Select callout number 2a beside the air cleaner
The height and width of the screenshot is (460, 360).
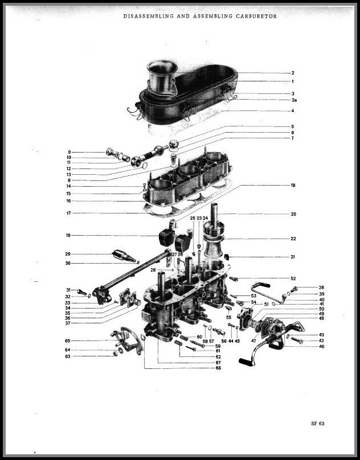pyautogui.click(x=293, y=100)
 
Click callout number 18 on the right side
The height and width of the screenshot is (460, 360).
pyautogui.click(x=293, y=186)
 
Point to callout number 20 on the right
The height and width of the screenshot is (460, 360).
pyautogui.click(x=293, y=215)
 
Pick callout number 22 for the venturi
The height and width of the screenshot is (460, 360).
pyautogui.click(x=293, y=239)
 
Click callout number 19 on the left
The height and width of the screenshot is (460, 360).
pyautogui.click(x=68, y=235)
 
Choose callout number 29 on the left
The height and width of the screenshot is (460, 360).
pyautogui.click(x=68, y=254)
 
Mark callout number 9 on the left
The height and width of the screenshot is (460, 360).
pyautogui.click(x=69, y=152)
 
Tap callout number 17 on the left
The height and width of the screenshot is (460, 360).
pyautogui.click(x=68, y=213)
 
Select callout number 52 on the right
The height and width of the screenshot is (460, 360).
pyautogui.click(x=293, y=278)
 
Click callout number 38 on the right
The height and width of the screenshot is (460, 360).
pyautogui.click(x=321, y=287)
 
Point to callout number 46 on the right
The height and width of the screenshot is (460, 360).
pyautogui.click(x=321, y=346)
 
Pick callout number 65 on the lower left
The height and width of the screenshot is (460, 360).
pyautogui.click(x=67, y=340)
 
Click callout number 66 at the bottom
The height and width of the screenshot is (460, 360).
pyautogui.click(x=218, y=368)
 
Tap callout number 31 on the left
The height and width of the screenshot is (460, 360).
pyautogui.click(x=68, y=290)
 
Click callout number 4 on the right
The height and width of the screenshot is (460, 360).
pyautogui.click(x=292, y=110)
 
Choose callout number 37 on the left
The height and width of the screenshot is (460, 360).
pyautogui.click(x=67, y=323)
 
